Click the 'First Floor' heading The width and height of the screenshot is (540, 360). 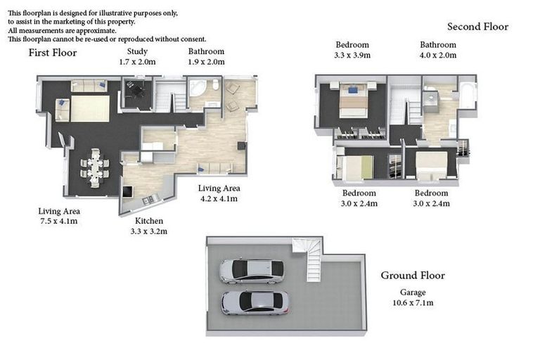[x=53, y=53]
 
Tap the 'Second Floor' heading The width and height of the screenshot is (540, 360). [x=477, y=27]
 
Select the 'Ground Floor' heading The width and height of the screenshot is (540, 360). [x=413, y=276]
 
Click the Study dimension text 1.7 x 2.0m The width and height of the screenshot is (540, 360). [x=137, y=62]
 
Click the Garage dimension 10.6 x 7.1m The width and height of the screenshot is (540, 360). [x=413, y=303]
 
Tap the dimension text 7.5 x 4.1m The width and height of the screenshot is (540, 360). [x=58, y=221]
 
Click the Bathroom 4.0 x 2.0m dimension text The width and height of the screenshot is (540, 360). [x=438, y=55]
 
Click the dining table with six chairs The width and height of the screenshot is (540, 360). [x=95, y=167]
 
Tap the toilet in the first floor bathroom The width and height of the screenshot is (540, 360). [x=216, y=86]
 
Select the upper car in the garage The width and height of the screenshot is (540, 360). [x=251, y=271]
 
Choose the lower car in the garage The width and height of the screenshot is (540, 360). [x=255, y=302]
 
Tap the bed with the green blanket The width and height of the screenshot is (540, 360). [x=354, y=168]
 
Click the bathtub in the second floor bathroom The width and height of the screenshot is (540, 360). [x=467, y=96]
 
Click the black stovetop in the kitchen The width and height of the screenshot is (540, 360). [x=127, y=191]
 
